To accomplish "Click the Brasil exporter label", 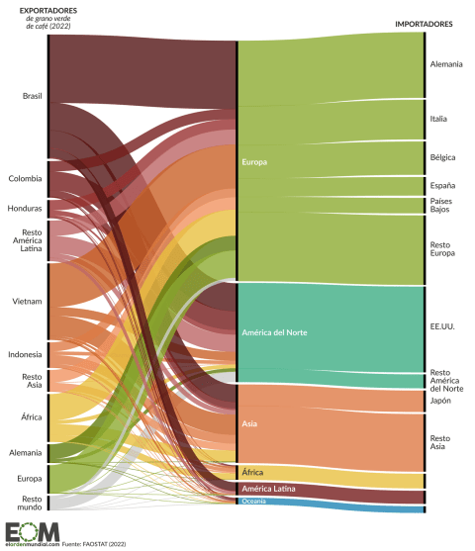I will pos(32,96).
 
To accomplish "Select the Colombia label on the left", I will pos(26,179).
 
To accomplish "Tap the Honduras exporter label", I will pos(25,209).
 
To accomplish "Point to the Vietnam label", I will pos(27,302).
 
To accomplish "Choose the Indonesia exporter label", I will pos(25,354).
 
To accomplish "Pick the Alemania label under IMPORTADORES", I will pos(446,64).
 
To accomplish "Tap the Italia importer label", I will pos(438,119).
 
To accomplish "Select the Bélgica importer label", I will pos(442,157).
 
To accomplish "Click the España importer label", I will pos(442,185).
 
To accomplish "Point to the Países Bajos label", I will pos(441,205).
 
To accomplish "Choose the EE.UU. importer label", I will pos(442,324).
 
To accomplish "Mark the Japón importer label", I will pos(440,401).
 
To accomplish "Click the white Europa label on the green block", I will pos(255,161).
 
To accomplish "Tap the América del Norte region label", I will pos(274,332).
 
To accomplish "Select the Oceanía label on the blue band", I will pos(253,502).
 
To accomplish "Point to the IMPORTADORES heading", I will pos(424,23).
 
